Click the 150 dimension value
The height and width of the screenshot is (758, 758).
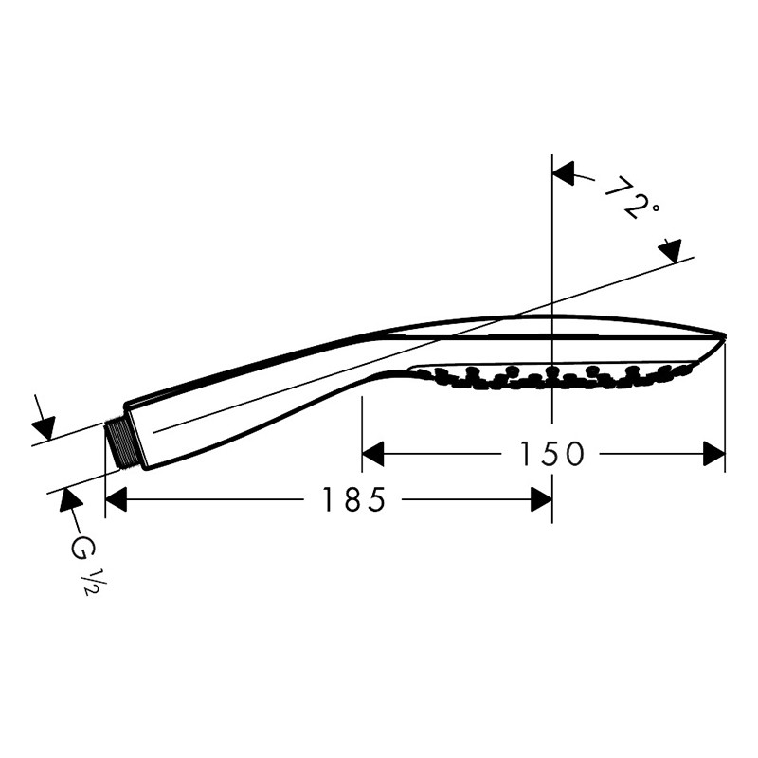coord(551,455)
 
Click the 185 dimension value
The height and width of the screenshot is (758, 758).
coord(353,499)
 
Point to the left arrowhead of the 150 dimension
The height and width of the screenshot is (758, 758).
coord(372,454)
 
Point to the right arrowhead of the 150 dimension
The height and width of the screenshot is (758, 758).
coord(714,454)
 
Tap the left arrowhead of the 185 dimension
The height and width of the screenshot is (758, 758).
coord(116,499)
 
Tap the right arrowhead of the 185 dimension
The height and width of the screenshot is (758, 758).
coord(541,499)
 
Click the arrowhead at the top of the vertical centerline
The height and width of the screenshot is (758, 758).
coord(563,173)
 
